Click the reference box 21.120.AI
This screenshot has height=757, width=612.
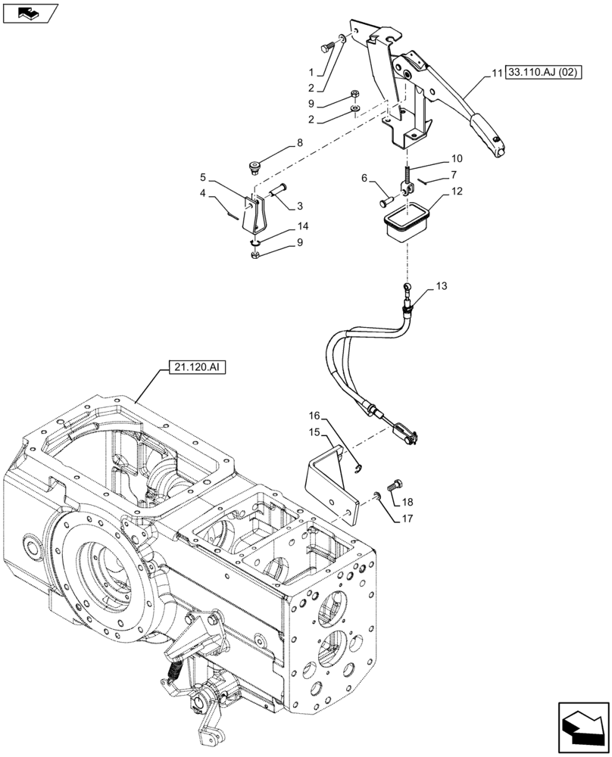(194, 369)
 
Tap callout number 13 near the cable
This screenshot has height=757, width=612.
(442, 287)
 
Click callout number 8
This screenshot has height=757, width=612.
(299, 143)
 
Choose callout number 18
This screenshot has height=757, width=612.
(407, 503)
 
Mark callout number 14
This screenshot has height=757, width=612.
(303, 226)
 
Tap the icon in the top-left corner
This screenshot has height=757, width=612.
(30, 13)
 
